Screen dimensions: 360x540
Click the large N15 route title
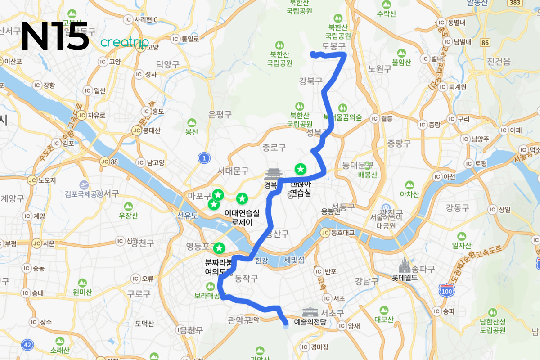[55, 36]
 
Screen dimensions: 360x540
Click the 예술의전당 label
[310, 322]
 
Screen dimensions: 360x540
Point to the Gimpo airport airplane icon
[84, 185]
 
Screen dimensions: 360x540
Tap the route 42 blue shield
[27, 345]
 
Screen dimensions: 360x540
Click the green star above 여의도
[219, 248]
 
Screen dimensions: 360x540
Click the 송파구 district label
[424, 269]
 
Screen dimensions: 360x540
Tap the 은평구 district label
[220, 115]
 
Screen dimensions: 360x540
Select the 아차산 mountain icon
[409, 185]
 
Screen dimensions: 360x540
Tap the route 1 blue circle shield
[205, 158]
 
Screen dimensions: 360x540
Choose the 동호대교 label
[343, 233]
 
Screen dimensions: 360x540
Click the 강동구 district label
[457, 207]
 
